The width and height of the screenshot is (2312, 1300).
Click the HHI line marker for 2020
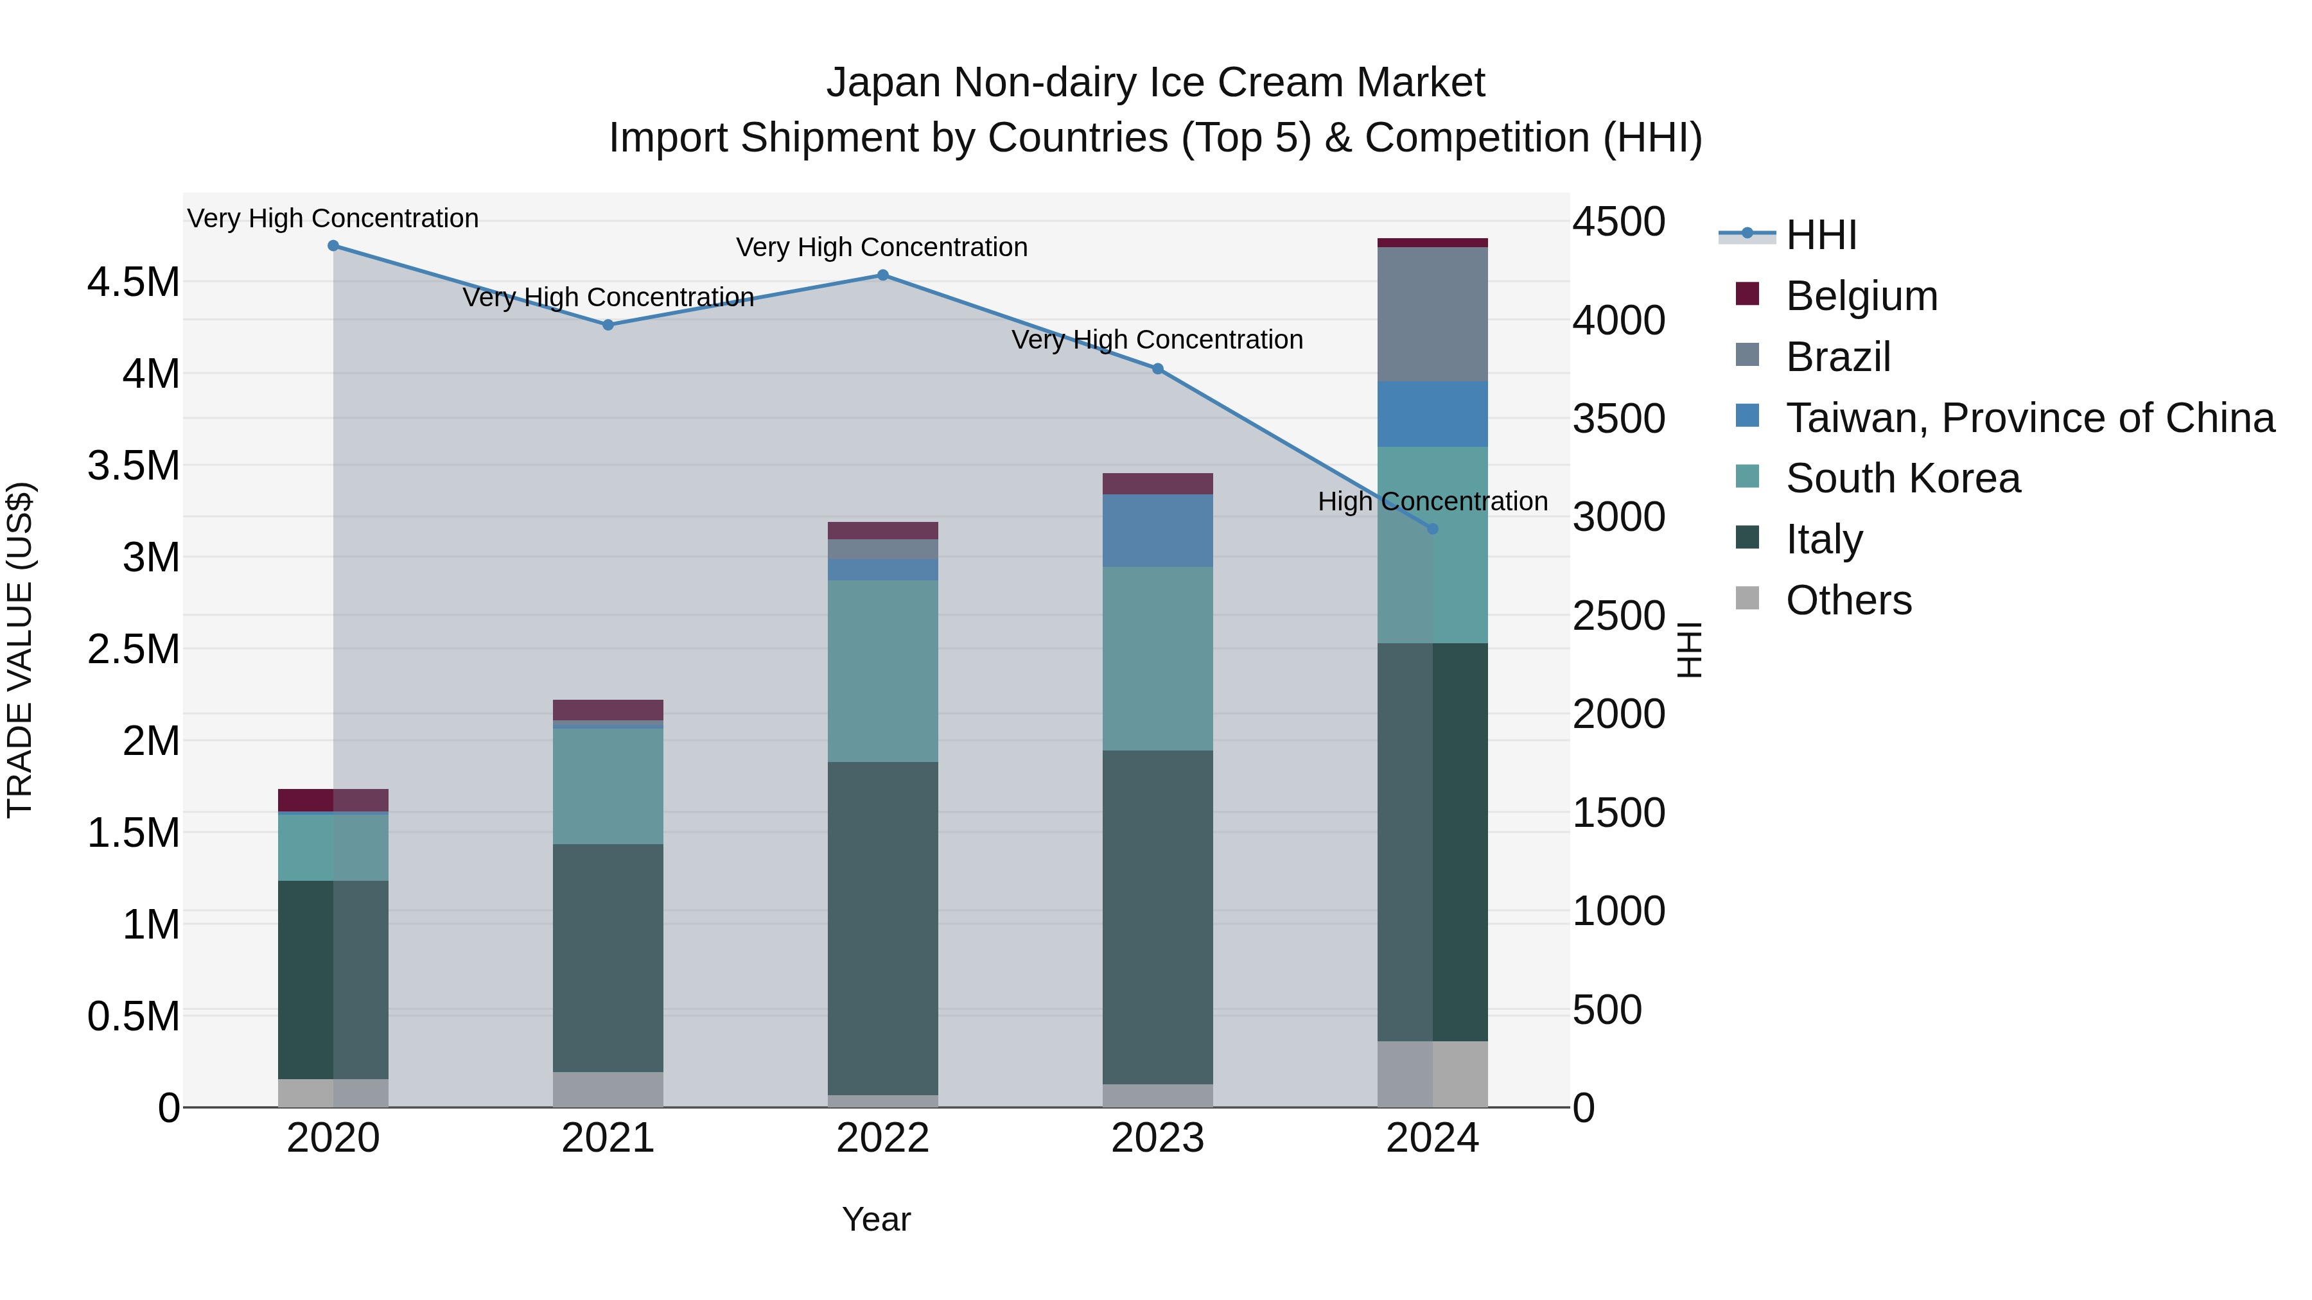point(333,246)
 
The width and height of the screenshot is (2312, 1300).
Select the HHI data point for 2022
point(882,275)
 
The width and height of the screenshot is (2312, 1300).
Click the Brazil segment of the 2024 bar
point(1432,314)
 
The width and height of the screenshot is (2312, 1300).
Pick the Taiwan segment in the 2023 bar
point(1158,530)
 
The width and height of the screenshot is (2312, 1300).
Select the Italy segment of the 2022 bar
point(882,928)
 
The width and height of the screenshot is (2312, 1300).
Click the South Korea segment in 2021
point(608,785)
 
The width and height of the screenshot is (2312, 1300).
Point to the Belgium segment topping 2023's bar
point(1158,483)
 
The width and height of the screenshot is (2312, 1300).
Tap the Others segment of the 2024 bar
point(1432,1074)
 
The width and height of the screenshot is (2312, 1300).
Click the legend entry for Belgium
point(1861,296)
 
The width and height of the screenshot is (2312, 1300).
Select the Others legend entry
point(1848,600)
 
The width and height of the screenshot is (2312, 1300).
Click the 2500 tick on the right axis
point(1618,616)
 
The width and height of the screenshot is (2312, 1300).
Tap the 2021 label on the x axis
point(608,1138)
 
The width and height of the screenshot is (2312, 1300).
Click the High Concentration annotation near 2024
point(1432,501)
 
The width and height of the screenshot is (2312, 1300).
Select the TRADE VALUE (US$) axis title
point(20,650)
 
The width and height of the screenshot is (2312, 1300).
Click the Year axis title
point(876,1219)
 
